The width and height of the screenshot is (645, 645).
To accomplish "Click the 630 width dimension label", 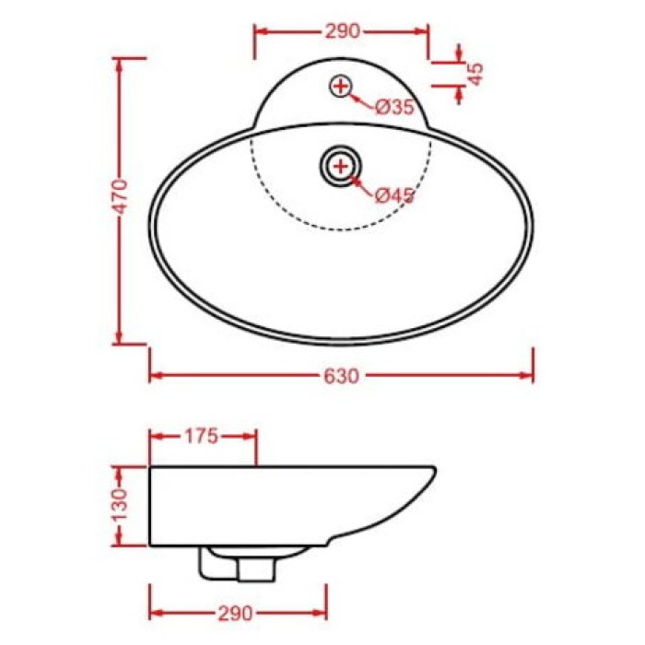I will pos(341,376).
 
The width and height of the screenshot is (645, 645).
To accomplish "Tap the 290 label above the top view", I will pos(341,30).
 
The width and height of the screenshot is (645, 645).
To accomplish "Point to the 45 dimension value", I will pos(475,75).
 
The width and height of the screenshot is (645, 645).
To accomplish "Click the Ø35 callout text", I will pos(394,107).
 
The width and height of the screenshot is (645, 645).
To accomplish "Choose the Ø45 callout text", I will pos(394,194).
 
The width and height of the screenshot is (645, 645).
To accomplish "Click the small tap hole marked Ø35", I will pos(341,87).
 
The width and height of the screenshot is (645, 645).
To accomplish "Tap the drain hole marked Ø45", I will pos(341,166).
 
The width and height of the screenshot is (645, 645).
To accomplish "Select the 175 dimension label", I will pos(201,437).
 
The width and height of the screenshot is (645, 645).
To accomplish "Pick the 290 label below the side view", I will pos(237,613).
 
